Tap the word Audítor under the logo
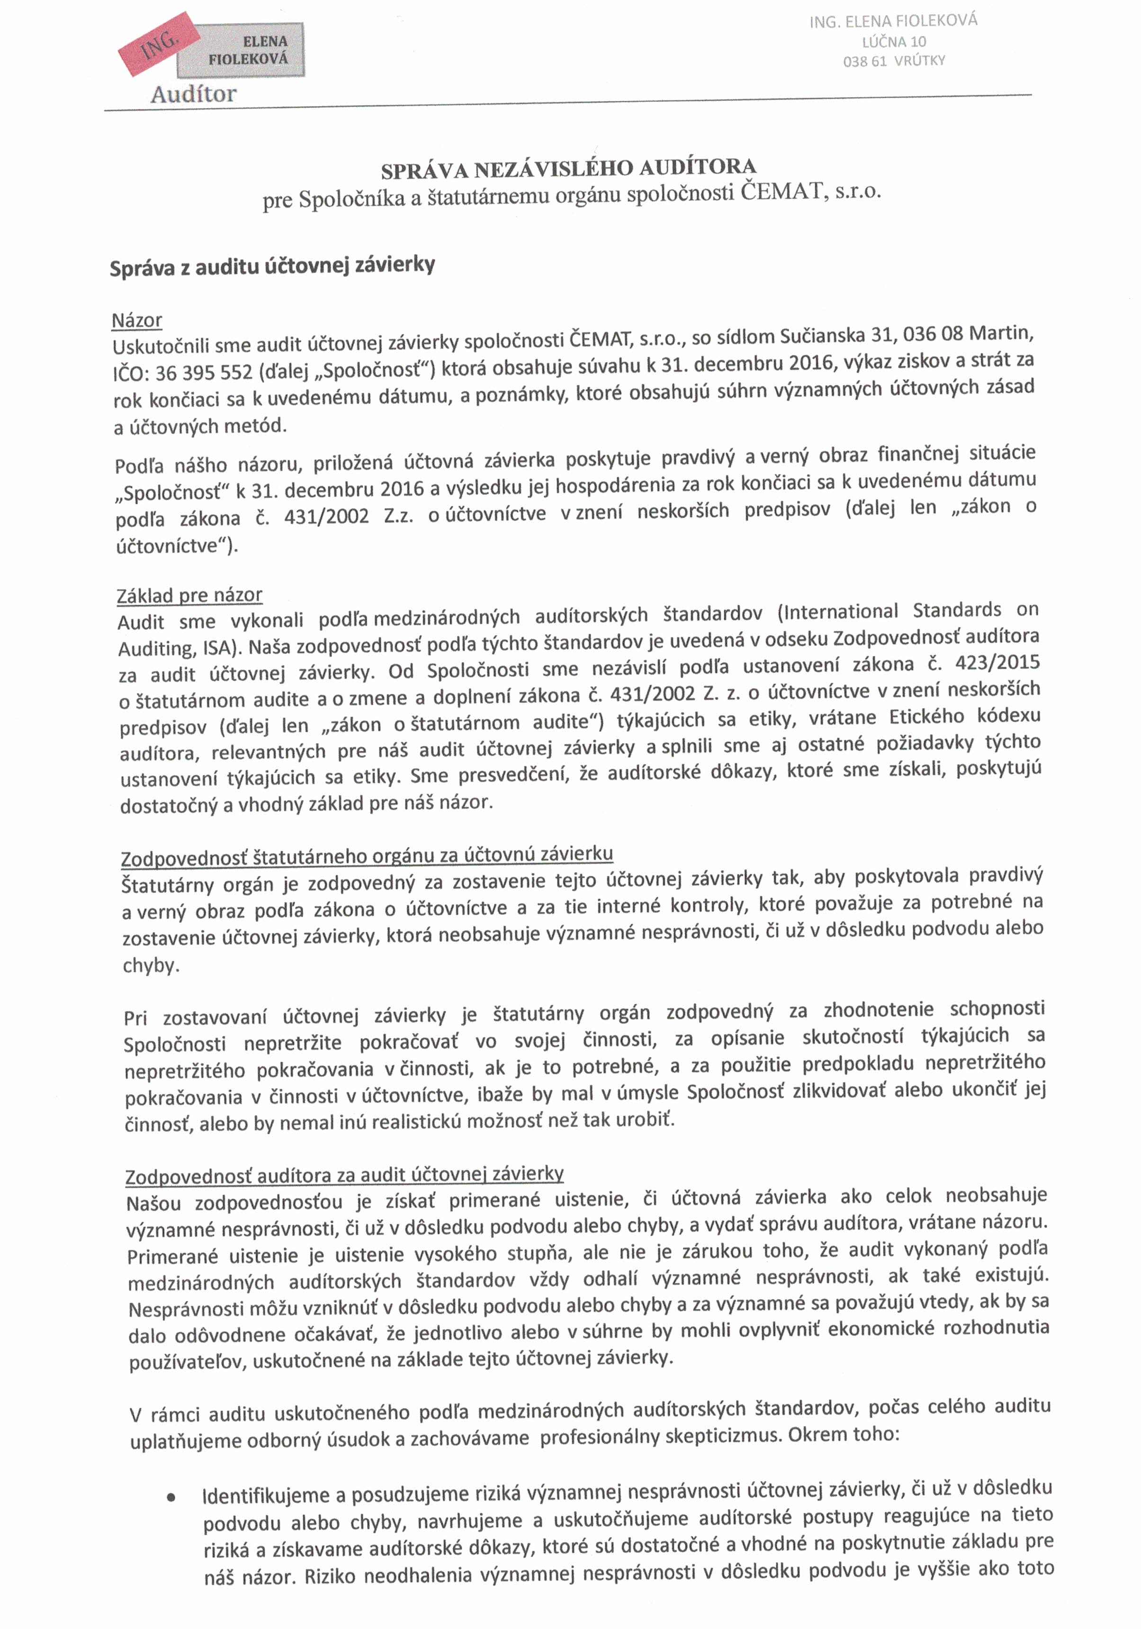[193, 94]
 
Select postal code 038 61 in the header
[864, 62]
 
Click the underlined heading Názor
[137, 321]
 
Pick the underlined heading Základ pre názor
[189, 594]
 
